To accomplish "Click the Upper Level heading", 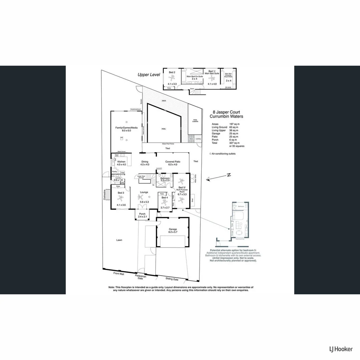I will coord(148,75).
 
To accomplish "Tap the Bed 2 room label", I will coord(172,72).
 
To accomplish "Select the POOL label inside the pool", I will coord(164,129).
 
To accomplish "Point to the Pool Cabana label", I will coord(195,121).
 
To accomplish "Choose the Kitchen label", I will coord(121,162).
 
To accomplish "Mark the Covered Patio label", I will coord(173,162).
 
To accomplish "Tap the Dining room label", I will coord(145,162).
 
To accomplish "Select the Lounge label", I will coord(144,192).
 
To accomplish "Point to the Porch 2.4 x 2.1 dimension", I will coord(143,217).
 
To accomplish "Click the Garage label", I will coord(173,229).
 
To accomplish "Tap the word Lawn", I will coord(119,240).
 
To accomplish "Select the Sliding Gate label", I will coord(172,279).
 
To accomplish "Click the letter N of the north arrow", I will coord(229,176).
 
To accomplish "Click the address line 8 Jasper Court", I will coord(226,113).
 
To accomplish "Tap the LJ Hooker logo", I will coord(341,349).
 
